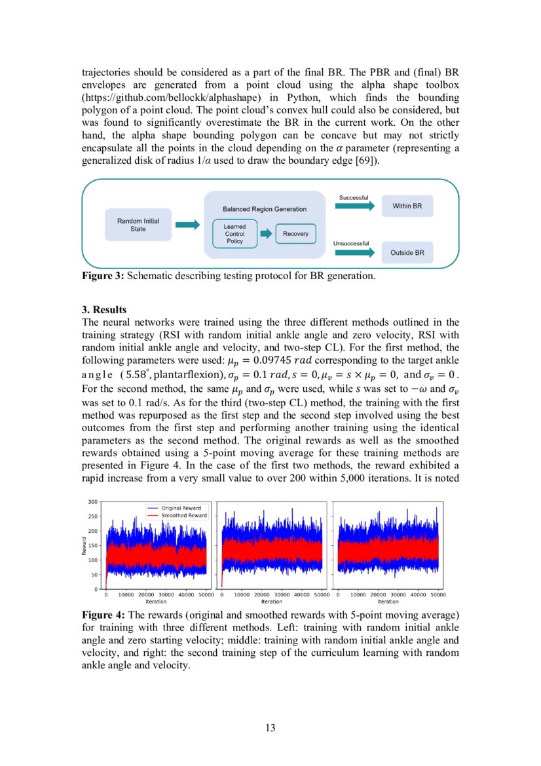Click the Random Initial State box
pyautogui.click(x=138, y=225)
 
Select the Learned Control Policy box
pyautogui.click(x=234, y=234)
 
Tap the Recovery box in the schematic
pyautogui.click(x=296, y=234)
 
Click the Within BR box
pyautogui.click(x=407, y=206)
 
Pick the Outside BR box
pyautogui.click(x=407, y=252)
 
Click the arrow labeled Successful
pyautogui.click(x=354, y=206)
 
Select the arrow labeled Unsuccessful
pyautogui.click(x=354, y=252)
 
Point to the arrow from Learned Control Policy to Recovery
pyautogui.click(x=266, y=234)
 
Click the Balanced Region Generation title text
pyautogui.click(x=265, y=209)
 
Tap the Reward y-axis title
pyautogui.click(x=84, y=546)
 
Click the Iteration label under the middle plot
pyautogui.click(x=272, y=602)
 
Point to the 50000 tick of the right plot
pyautogui.click(x=438, y=595)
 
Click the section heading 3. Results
pyautogui.click(x=104, y=309)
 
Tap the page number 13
pyautogui.click(x=270, y=727)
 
